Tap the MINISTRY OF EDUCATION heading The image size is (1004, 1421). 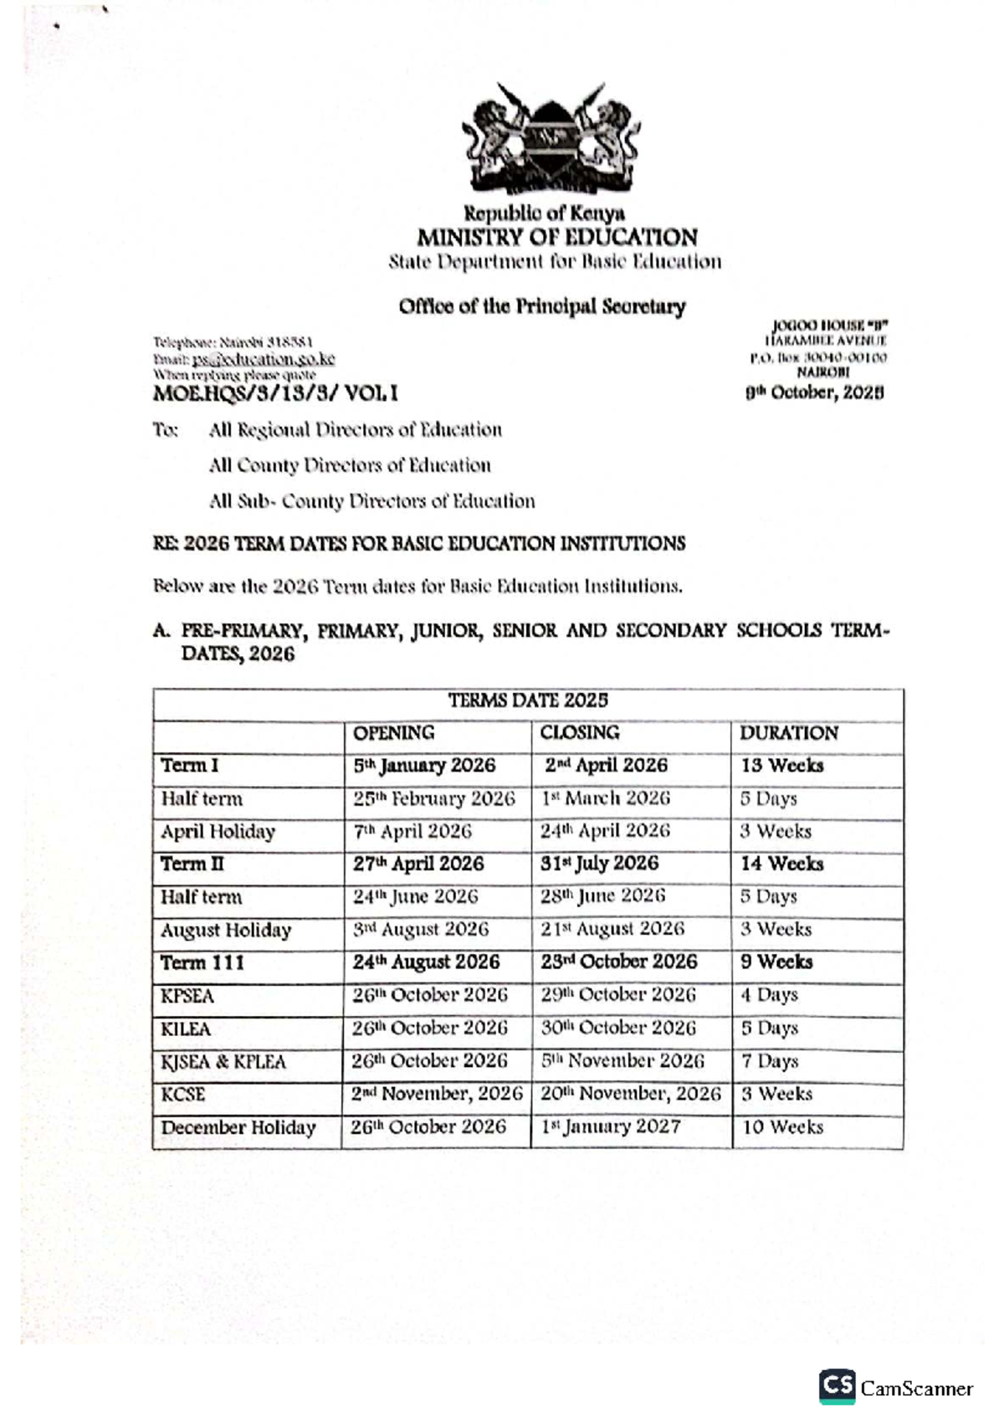(x=556, y=237)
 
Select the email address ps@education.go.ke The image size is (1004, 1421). (x=264, y=359)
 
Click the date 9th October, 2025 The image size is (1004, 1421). (x=814, y=392)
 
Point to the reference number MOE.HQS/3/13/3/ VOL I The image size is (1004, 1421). (x=276, y=392)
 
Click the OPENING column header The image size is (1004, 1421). (x=393, y=733)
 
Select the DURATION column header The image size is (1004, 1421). (x=788, y=733)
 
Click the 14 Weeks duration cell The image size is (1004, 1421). (x=781, y=864)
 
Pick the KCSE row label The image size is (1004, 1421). (x=183, y=1095)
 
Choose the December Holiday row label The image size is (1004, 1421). (x=238, y=1127)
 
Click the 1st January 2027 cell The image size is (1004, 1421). (x=611, y=1127)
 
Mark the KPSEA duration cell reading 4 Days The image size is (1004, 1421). (x=769, y=995)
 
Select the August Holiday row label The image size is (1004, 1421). (x=226, y=930)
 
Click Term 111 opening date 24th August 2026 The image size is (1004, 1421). (x=426, y=962)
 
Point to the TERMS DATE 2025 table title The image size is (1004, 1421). (x=528, y=700)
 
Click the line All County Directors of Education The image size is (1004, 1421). (x=350, y=465)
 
